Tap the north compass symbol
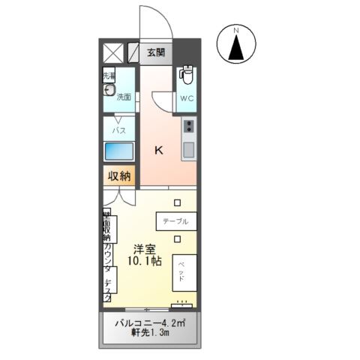[235, 46]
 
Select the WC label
[187, 98]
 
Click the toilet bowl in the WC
[187, 77]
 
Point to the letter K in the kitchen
[159, 150]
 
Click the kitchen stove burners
[188, 125]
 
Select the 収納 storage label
[119, 177]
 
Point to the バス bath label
[118, 129]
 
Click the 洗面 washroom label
[124, 97]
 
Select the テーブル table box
[177, 222]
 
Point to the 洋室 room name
[145, 248]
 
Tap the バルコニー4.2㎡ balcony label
[149, 324]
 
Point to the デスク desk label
[108, 289]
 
